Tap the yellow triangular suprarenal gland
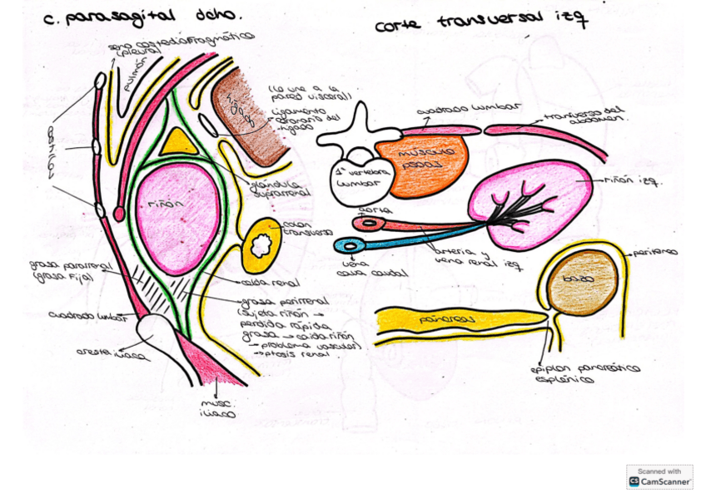coord(179,143)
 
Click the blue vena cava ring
coord(348,245)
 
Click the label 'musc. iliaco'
coord(218,408)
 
